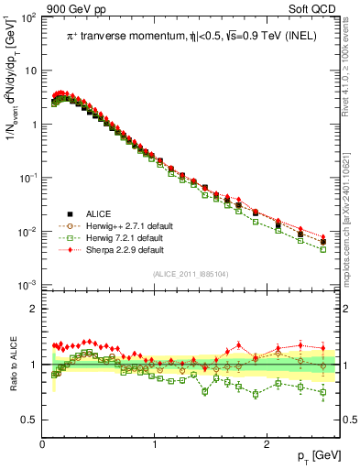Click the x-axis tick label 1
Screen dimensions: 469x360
pos(154,443)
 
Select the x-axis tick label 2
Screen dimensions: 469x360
pos(266,443)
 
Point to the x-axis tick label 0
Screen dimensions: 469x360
pos(42,443)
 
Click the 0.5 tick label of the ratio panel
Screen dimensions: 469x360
pos(28,420)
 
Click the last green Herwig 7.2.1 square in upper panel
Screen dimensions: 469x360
pos(322,248)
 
